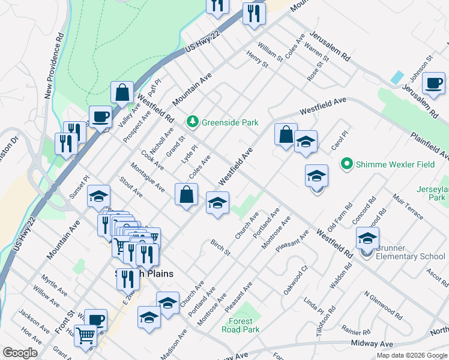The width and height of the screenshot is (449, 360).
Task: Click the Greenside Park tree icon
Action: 192,122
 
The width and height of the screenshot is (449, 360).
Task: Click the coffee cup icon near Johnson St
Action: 433,83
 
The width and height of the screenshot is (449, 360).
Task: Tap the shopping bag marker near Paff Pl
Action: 122,92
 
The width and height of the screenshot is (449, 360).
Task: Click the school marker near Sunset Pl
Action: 99,196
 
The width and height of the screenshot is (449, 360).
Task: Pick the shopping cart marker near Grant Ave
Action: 86,335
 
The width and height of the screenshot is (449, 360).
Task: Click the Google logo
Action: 20,353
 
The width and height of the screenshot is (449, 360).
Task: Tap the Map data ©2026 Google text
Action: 411,355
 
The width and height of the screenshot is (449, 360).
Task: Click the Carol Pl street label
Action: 339,142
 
